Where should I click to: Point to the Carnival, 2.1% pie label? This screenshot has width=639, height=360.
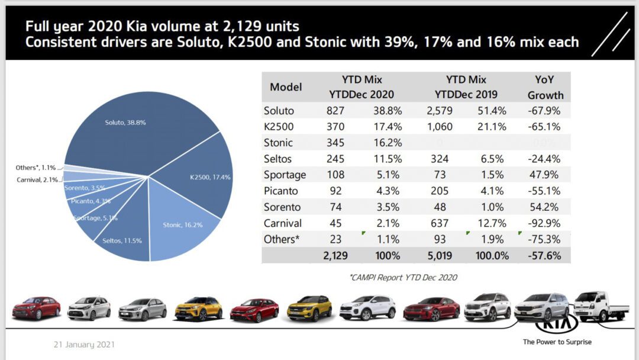tap(36, 179)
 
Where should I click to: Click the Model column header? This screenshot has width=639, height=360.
tap(286, 87)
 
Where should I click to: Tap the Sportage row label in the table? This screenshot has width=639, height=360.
tap(285, 175)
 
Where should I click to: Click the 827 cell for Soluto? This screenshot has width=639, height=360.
tap(335, 111)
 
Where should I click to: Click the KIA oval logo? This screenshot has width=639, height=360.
tap(556, 328)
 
